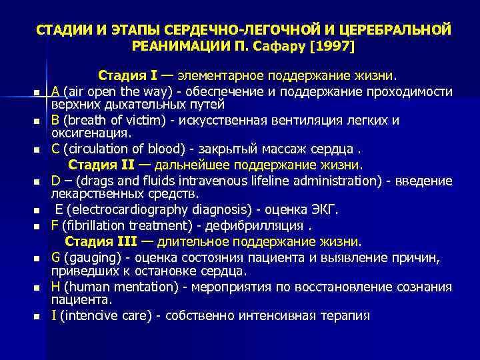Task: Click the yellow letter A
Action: point(56,91)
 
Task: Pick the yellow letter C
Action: point(55,149)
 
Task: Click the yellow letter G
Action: point(56,256)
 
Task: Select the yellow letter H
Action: point(56,286)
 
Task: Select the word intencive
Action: point(87,315)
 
